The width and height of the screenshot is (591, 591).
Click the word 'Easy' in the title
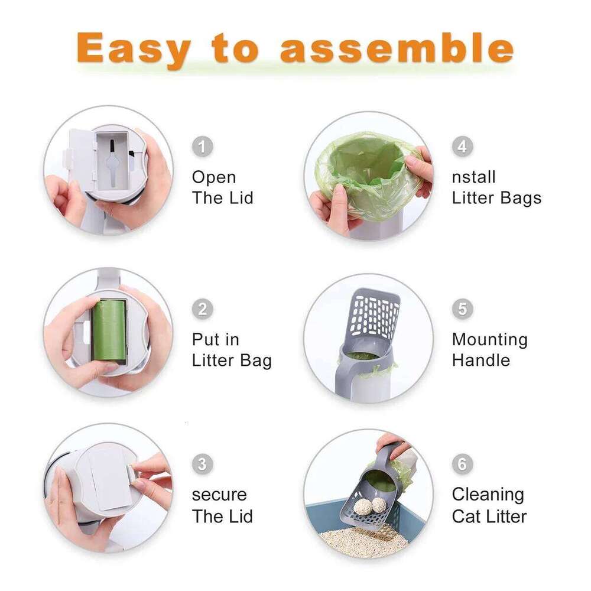pos(134,50)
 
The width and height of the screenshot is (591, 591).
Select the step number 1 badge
pos(203,146)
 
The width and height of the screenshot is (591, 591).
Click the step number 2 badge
pos(203,309)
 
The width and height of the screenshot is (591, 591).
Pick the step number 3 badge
pos(203,464)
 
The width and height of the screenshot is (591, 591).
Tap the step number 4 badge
pos(463,146)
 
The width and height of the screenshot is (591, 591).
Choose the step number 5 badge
pos(463,309)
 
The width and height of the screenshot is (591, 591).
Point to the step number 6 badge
pos(463,464)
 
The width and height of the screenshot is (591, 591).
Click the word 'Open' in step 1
pos(214,177)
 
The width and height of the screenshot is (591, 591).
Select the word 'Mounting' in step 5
pos(489,340)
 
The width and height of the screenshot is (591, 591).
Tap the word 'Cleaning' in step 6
pos(488,495)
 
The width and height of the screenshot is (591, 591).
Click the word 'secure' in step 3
pos(219,495)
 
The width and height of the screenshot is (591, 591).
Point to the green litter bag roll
pos(109,331)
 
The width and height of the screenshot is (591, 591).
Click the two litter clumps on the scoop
pos(371,505)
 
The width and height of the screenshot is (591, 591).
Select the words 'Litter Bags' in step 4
pos(496,198)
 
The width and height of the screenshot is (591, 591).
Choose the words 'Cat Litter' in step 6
pos(489,516)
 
